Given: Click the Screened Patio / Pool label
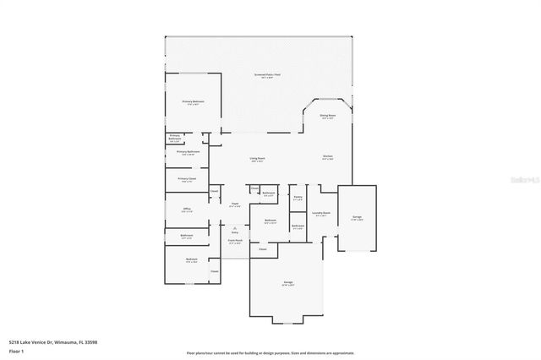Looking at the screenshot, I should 267,75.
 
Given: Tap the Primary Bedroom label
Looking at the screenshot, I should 194,101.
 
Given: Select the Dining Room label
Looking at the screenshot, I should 327,117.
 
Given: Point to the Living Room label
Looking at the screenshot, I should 257,159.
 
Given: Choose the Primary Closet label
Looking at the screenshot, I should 187,179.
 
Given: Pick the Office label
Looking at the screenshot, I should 187,209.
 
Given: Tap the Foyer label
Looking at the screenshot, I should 235,204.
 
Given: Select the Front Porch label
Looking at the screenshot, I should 235,241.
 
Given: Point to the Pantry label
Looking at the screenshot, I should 298,198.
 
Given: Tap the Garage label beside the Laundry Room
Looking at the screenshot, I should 356,218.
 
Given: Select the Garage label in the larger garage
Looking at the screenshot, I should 287,285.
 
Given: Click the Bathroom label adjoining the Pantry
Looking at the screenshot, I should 298,226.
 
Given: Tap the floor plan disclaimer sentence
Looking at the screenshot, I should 270,352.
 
